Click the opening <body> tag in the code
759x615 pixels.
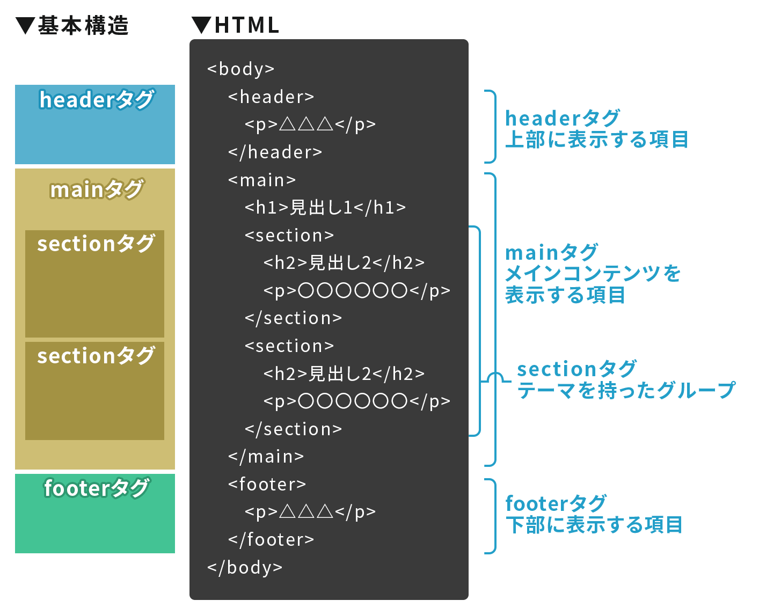pos(240,69)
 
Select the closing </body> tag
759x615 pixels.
pos(245,567)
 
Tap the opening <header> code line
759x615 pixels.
pos(271,97)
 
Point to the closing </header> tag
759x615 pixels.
pos(275,152)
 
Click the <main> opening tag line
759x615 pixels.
pos(262,180)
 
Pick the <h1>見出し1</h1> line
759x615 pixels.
pos(325,208)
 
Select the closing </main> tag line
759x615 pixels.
pos(266,457)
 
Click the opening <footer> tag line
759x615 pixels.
pos(267,485)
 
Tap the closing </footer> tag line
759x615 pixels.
pos(271,540)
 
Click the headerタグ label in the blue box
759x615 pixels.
pos(97,100)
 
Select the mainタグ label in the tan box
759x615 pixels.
pos(97,189)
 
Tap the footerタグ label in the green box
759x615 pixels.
pos(97,488)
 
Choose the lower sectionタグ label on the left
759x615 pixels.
pos(96,356)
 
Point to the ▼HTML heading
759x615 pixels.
pos(236,26)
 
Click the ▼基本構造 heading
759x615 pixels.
pos(72,26)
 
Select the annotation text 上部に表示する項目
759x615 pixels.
pos(596,140)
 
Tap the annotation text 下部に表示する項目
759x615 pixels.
pos(594,525)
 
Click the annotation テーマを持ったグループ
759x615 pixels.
pos(625,390)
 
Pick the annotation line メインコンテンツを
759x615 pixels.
pos(593,274)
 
